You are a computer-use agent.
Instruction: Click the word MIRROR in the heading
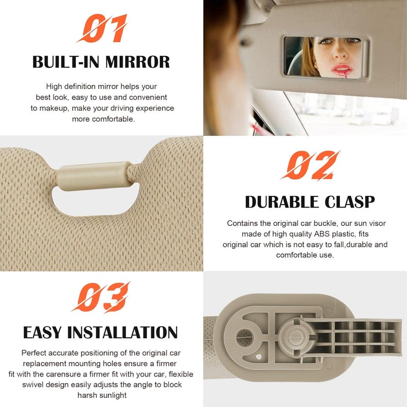[138, 62]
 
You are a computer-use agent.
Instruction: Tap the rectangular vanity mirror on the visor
[326, 56]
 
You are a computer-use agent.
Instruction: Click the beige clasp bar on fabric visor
[94, 172]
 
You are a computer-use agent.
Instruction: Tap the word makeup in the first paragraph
[56, 108]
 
